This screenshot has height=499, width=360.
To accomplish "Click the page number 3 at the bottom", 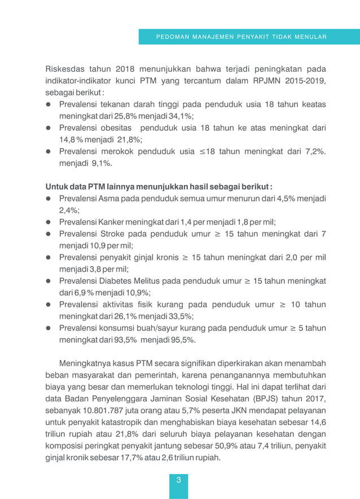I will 178,480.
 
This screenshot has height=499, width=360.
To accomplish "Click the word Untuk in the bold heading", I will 57,187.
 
